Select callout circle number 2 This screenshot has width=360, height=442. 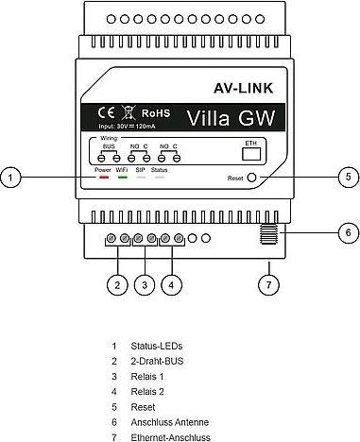116,283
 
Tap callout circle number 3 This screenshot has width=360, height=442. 145,283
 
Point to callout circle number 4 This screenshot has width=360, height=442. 172,283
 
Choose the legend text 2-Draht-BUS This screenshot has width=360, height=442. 158,361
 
